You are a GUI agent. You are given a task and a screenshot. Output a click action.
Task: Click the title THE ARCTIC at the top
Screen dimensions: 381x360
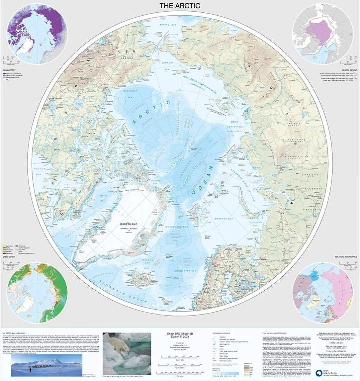tap(180, 6)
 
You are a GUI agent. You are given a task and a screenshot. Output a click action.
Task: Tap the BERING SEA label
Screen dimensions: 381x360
tap(168, 25)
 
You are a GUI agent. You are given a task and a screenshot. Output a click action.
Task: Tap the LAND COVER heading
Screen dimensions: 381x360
tap(10, 256)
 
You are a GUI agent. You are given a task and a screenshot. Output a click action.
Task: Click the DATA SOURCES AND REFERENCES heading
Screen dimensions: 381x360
tap(276, 333)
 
